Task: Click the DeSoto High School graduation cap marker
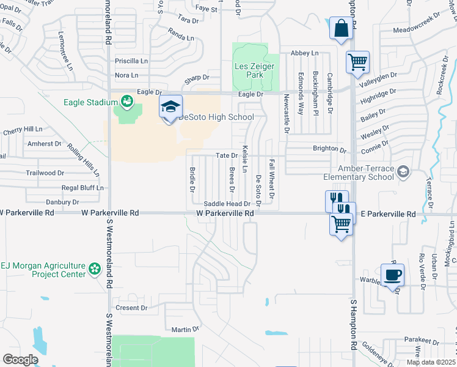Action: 171,106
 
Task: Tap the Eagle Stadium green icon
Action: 127,100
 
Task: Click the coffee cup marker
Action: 392,275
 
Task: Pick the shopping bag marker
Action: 341,28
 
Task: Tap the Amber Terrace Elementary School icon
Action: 403,172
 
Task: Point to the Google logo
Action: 20,359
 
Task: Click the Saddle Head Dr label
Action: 227,204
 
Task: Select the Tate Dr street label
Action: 226,156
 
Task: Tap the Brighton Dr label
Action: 329,149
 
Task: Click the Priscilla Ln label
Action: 131,61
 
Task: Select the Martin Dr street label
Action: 185,329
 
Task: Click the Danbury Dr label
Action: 63,201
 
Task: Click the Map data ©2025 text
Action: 431,362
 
